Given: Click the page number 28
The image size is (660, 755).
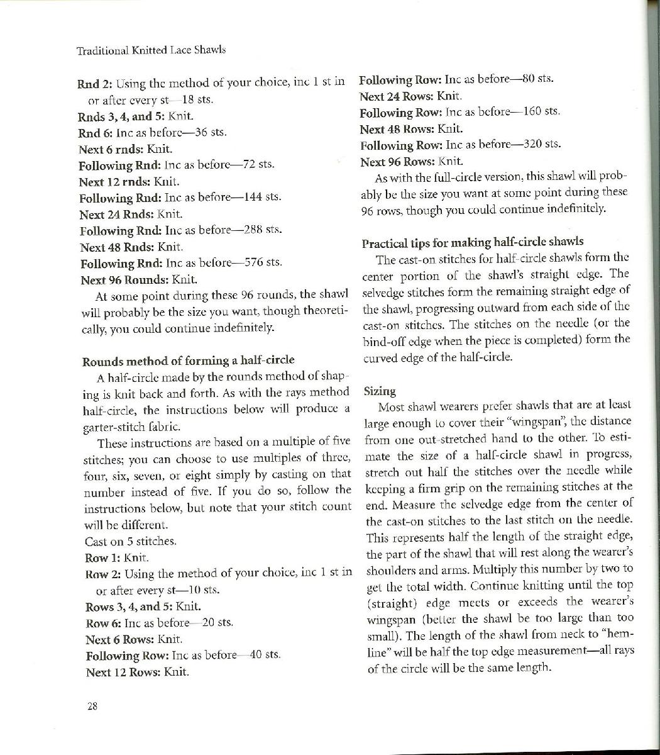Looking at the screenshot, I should [92, 706].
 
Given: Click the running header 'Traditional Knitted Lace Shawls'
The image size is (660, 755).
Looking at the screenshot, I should [151, 50].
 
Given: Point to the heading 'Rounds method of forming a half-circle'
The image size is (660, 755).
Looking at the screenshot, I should [188, 361].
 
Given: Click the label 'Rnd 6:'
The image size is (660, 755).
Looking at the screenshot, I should [96, 133].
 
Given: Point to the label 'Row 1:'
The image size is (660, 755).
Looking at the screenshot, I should [102, 557].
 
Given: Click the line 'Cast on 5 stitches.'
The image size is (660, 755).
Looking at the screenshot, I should [130, 541].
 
